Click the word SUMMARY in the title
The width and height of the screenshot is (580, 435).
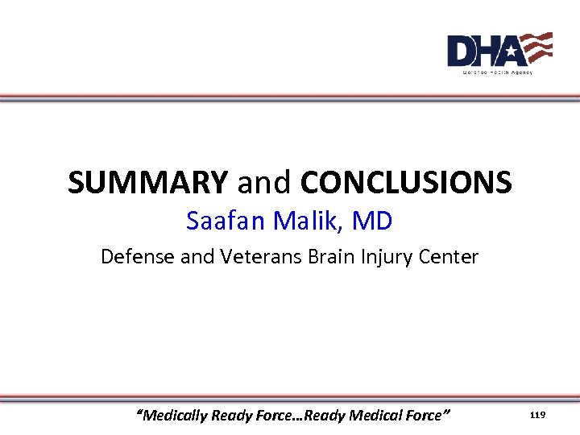(147, 183)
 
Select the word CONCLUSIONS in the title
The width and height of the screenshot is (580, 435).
(406, 183)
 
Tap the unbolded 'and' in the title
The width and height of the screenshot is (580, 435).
(264, 183)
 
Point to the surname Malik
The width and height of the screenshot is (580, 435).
(309, 221)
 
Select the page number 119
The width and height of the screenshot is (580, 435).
(537, 415)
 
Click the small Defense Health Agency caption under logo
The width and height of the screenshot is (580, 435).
(497, 72)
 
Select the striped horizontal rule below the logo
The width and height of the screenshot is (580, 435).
(290, 97)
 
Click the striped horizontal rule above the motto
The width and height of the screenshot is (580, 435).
(290, 398)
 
